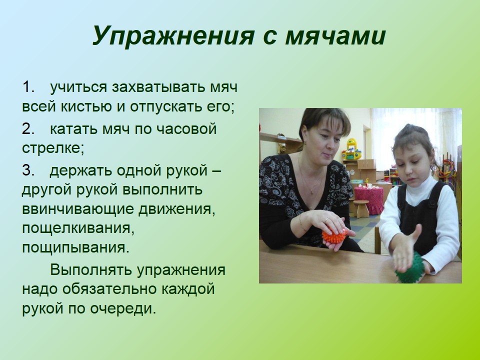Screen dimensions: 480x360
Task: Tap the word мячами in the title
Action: point(335,36)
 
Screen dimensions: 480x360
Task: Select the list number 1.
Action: point(29,87)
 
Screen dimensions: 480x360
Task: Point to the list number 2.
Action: point(29,128)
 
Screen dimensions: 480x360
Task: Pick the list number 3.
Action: point(29,170)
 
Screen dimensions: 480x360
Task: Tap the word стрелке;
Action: point(53,148)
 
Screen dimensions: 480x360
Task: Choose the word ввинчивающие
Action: point(78,210)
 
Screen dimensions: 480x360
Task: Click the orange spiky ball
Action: point(334,235)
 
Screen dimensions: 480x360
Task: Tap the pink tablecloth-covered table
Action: point(369,198)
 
